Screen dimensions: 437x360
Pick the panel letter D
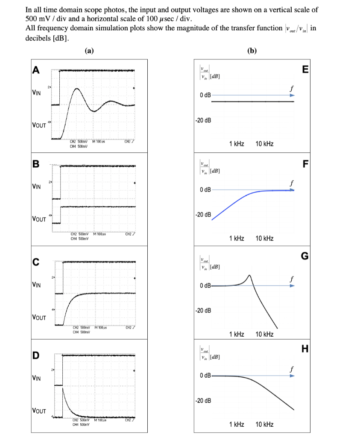37,355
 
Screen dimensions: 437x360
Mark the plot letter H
304,349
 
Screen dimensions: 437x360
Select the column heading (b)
252,50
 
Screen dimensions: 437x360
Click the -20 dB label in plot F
203,214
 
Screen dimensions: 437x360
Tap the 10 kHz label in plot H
264,424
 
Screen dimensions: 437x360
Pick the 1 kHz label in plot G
237,334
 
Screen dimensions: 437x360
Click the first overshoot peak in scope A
76,89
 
